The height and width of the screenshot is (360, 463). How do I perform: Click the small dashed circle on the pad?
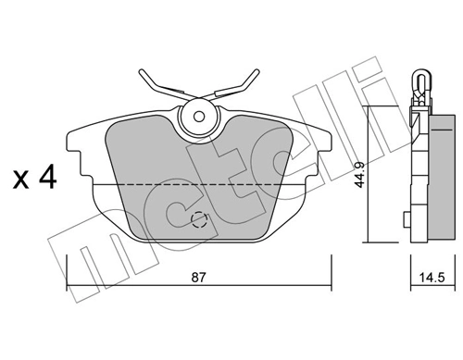point(199,220)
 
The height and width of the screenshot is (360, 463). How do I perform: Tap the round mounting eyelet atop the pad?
point(197,117)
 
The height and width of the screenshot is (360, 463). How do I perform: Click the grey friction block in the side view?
point(431,176)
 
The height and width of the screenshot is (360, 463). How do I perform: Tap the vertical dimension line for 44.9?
point(370,176)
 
